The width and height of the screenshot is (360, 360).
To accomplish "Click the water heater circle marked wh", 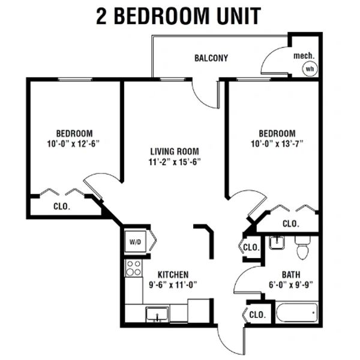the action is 310,68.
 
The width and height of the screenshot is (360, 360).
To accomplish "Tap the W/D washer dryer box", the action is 135,242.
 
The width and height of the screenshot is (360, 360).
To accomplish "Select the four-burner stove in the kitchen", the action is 134,268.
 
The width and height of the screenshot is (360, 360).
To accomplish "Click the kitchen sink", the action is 157,314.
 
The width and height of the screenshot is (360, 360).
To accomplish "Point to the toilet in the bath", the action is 302,247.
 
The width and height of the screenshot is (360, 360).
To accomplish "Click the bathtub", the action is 297,313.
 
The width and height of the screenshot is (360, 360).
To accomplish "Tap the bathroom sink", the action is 277,242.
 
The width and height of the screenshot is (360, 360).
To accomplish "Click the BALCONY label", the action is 211,58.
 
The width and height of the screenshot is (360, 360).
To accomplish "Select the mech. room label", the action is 304,56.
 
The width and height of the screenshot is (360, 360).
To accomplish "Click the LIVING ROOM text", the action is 175,152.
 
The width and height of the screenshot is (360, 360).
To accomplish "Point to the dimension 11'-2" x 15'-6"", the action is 175,162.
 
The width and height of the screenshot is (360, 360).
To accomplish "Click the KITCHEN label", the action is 173,275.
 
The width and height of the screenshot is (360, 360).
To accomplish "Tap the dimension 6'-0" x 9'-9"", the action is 291,285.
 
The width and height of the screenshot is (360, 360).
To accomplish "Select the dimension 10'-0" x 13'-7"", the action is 277,144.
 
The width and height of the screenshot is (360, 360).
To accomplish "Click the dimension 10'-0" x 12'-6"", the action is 73,144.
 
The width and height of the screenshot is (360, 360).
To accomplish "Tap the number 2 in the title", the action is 101,16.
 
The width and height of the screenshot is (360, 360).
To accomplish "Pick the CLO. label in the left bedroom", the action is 62,206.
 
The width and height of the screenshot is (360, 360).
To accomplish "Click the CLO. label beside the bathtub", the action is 257,314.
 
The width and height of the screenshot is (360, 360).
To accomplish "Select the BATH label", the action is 291,275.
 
